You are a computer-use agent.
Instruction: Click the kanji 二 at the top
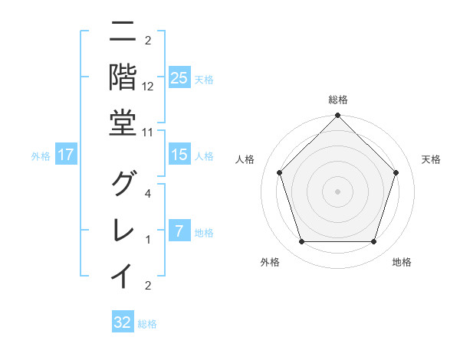pos(123,32)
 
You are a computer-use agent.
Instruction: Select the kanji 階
pos(123,77)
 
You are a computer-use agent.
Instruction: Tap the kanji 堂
pos(123,122)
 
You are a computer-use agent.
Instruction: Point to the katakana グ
pos(123,185)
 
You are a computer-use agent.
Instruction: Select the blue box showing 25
pos(179,77)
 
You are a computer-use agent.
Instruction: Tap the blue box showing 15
pos(179,155)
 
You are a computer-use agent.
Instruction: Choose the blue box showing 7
pos(179,231)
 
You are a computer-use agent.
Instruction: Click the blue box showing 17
pos(66,155)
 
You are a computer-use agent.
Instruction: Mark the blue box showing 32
pos(123,322)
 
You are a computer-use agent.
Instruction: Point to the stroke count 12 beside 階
pos(148,86)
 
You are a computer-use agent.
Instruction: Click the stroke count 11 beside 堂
pos(148,132)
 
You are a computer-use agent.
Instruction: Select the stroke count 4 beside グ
pos(148,194)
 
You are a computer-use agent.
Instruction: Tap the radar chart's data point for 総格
pos(337,116)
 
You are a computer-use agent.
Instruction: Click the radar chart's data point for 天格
pos(396,172)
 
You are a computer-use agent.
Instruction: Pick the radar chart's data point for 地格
pos(373,242)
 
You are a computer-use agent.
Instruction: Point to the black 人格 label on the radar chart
pos(245,159)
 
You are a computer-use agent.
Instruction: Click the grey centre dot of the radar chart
pos(337,191)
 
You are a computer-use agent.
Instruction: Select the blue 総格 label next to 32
pos(147,324)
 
